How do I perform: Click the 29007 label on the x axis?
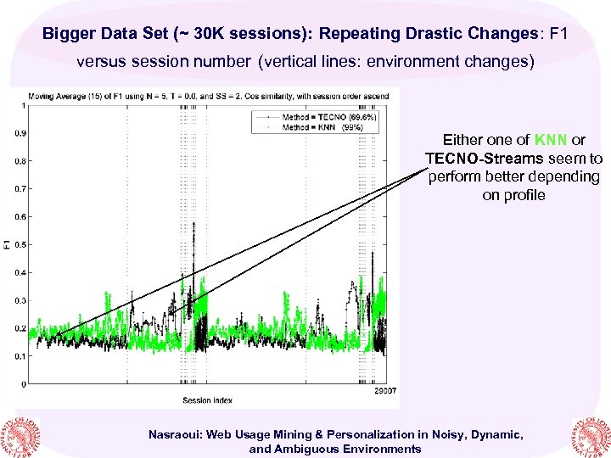pyautogui.click(x=387, y=392)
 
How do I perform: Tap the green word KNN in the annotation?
pyautogui.click(x=550, y=140)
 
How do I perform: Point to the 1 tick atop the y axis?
pyautogui.click(x=24, y=105)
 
